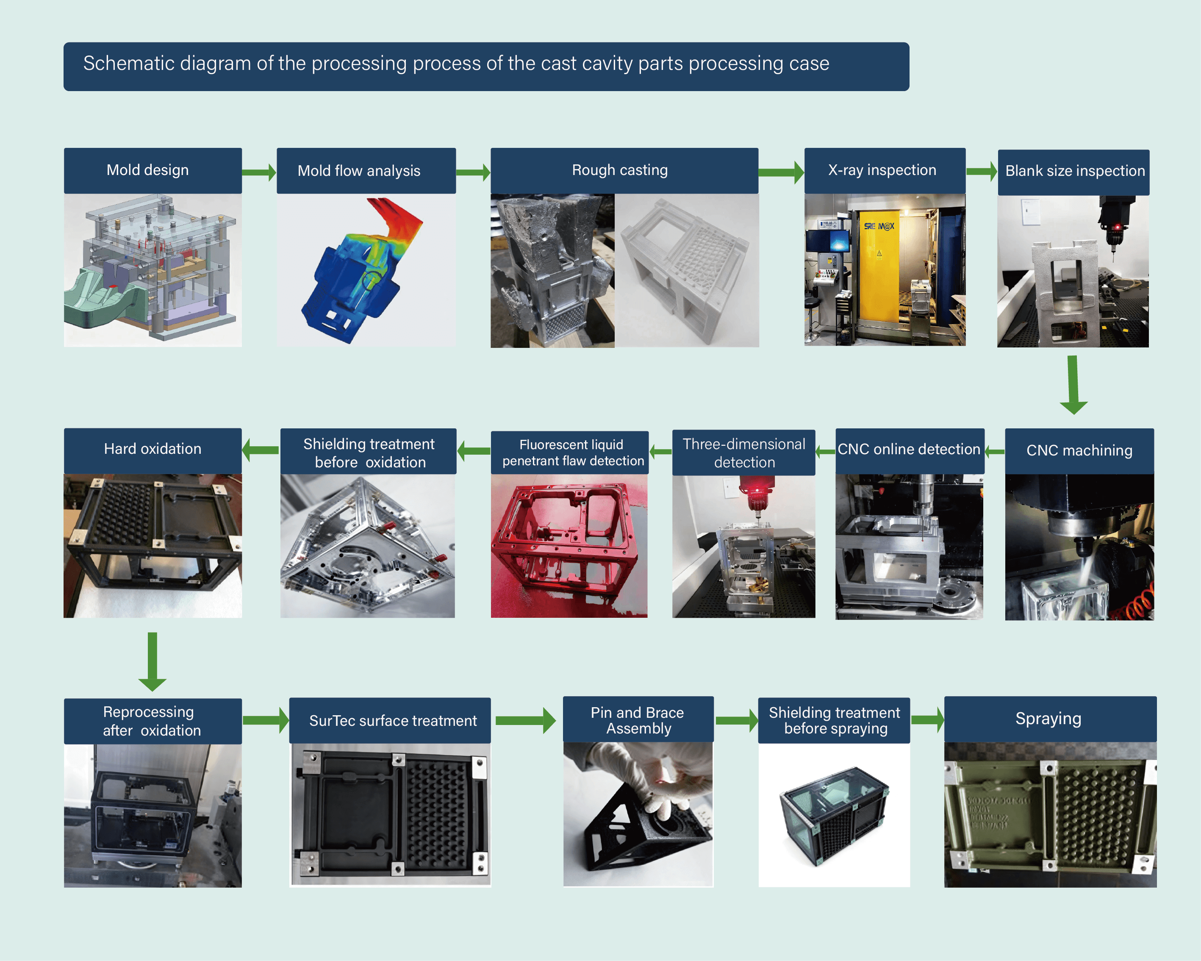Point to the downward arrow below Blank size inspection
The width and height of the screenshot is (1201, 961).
[x=1073, y=384]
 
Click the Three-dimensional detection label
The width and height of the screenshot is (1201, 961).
[x=743, y=453]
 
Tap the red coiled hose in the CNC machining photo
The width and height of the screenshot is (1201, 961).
[x=1139, y=605]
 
